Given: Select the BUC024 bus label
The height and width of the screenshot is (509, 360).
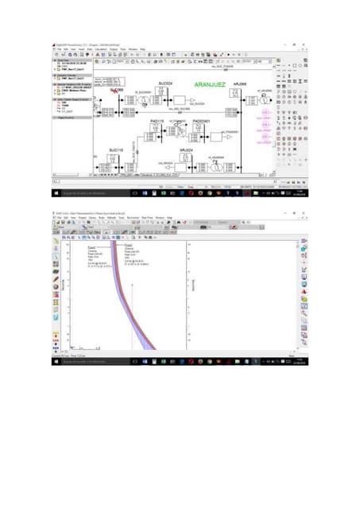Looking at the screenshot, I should (165, 84).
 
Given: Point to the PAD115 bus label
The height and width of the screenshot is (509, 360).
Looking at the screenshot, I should (157, 121).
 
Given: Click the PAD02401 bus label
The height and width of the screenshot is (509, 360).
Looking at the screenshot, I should (201, 121).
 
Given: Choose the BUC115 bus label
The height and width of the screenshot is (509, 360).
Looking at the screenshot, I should (116, 150).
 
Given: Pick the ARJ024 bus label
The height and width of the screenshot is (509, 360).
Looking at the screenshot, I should (186, 150).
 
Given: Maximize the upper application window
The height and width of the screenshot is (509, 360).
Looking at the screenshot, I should (292, 43).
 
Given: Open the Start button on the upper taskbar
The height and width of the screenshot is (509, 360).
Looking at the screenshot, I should (55, 193).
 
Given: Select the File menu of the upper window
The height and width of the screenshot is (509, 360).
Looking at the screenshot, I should (57, 49).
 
